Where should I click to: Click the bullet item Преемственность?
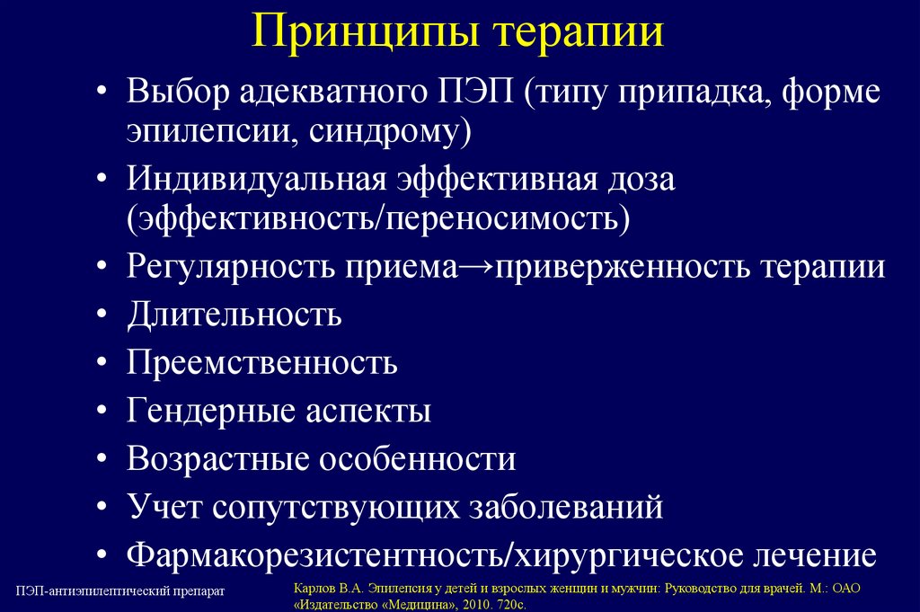pyautogui.click(x=261, y=363)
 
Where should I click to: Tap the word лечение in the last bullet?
pyautogui.click(x=809, y=554)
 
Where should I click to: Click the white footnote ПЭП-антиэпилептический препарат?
pyautogui.click(x=119, y=590)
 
